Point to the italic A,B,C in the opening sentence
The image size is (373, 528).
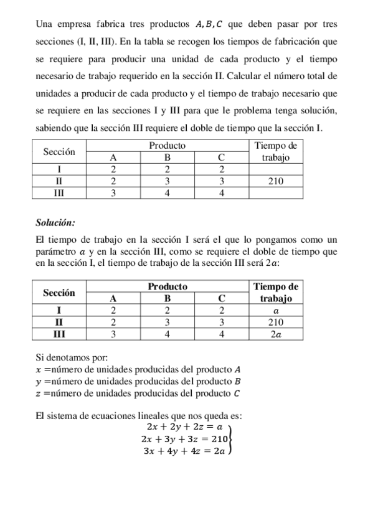pos(209,25)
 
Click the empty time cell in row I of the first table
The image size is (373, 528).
pos(275,169)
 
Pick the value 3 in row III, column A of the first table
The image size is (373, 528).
pos(113,193)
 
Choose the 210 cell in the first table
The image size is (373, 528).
pos(275,181)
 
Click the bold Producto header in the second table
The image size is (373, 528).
pos(168,286)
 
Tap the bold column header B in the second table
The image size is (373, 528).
pos(168,298)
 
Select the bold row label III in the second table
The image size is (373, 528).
pos(59,334)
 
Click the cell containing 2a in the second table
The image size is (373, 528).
pos(275,334)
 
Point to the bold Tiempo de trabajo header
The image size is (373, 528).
pos(275,292)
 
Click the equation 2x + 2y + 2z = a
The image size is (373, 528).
pos(184,427)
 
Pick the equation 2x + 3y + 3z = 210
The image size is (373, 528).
pos(184,439)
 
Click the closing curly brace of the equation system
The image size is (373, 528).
pos(230,439)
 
